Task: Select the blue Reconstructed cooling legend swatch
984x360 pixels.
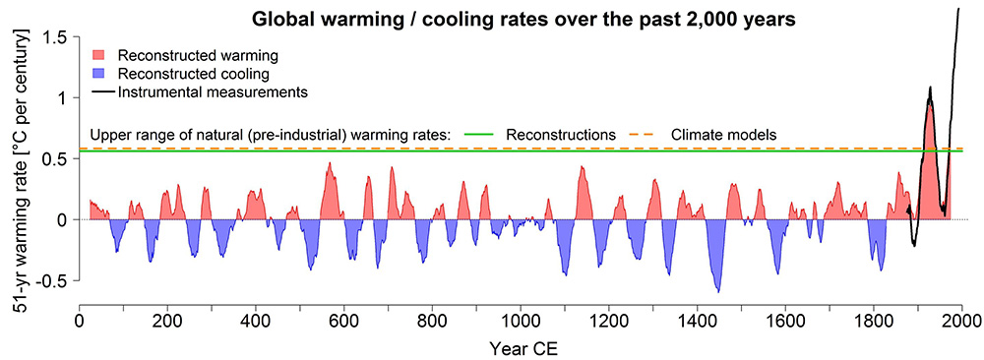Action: (x=100, y=74)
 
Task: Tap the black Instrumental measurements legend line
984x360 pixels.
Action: (x=100, y=92)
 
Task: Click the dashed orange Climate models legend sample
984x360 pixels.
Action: (x=640, y=133)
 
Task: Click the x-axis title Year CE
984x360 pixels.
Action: (x=521, y=346)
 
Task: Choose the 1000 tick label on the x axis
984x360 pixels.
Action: (x=521, y=320)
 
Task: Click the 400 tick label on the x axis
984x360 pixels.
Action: (x=256, y=320)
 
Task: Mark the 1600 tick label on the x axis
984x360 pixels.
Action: (x=785, y=320)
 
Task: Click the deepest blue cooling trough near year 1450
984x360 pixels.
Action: (x=718, y=291)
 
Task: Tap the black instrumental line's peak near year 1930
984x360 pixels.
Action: (x=929, y=89)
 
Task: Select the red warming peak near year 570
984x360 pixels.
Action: (x=330, y=163)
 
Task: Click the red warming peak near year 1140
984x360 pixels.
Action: (x=582, y=167)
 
